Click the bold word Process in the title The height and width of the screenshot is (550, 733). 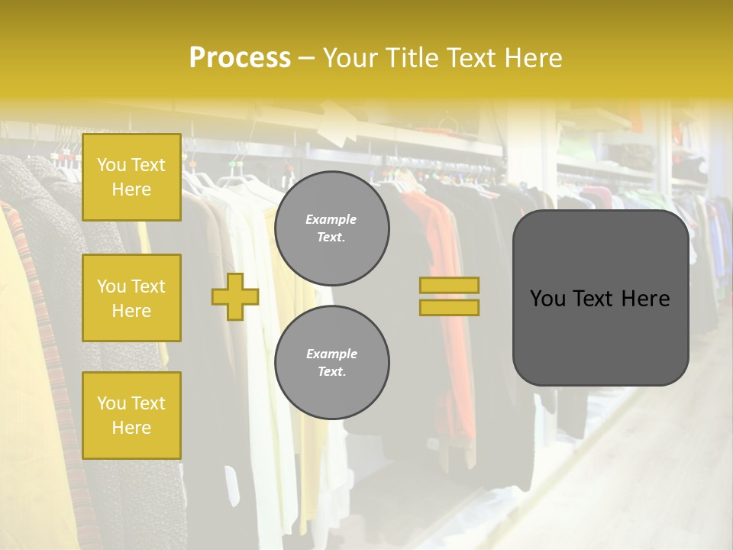coord(240,58)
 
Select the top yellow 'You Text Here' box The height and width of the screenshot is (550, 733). coord(131,177)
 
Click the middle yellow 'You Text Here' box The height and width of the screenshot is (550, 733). coord(131,298)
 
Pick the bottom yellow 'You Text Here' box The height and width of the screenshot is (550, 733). coord(131,416)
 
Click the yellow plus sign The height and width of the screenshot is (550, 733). coord(234,296)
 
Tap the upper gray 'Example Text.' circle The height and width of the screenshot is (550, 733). coord(332,228)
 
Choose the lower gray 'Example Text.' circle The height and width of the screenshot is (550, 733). coord(332,363)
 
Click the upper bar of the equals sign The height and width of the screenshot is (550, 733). coord(449,286)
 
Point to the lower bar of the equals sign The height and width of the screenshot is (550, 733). coord(449,307)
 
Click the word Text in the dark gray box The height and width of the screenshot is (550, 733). coord(598,299)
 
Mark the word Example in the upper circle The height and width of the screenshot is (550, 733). coord(331,219)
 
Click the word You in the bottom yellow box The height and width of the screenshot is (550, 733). coord(111,403)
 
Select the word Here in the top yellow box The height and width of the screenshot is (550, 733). coord(131,189)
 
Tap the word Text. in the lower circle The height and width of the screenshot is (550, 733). coord(331,372)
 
